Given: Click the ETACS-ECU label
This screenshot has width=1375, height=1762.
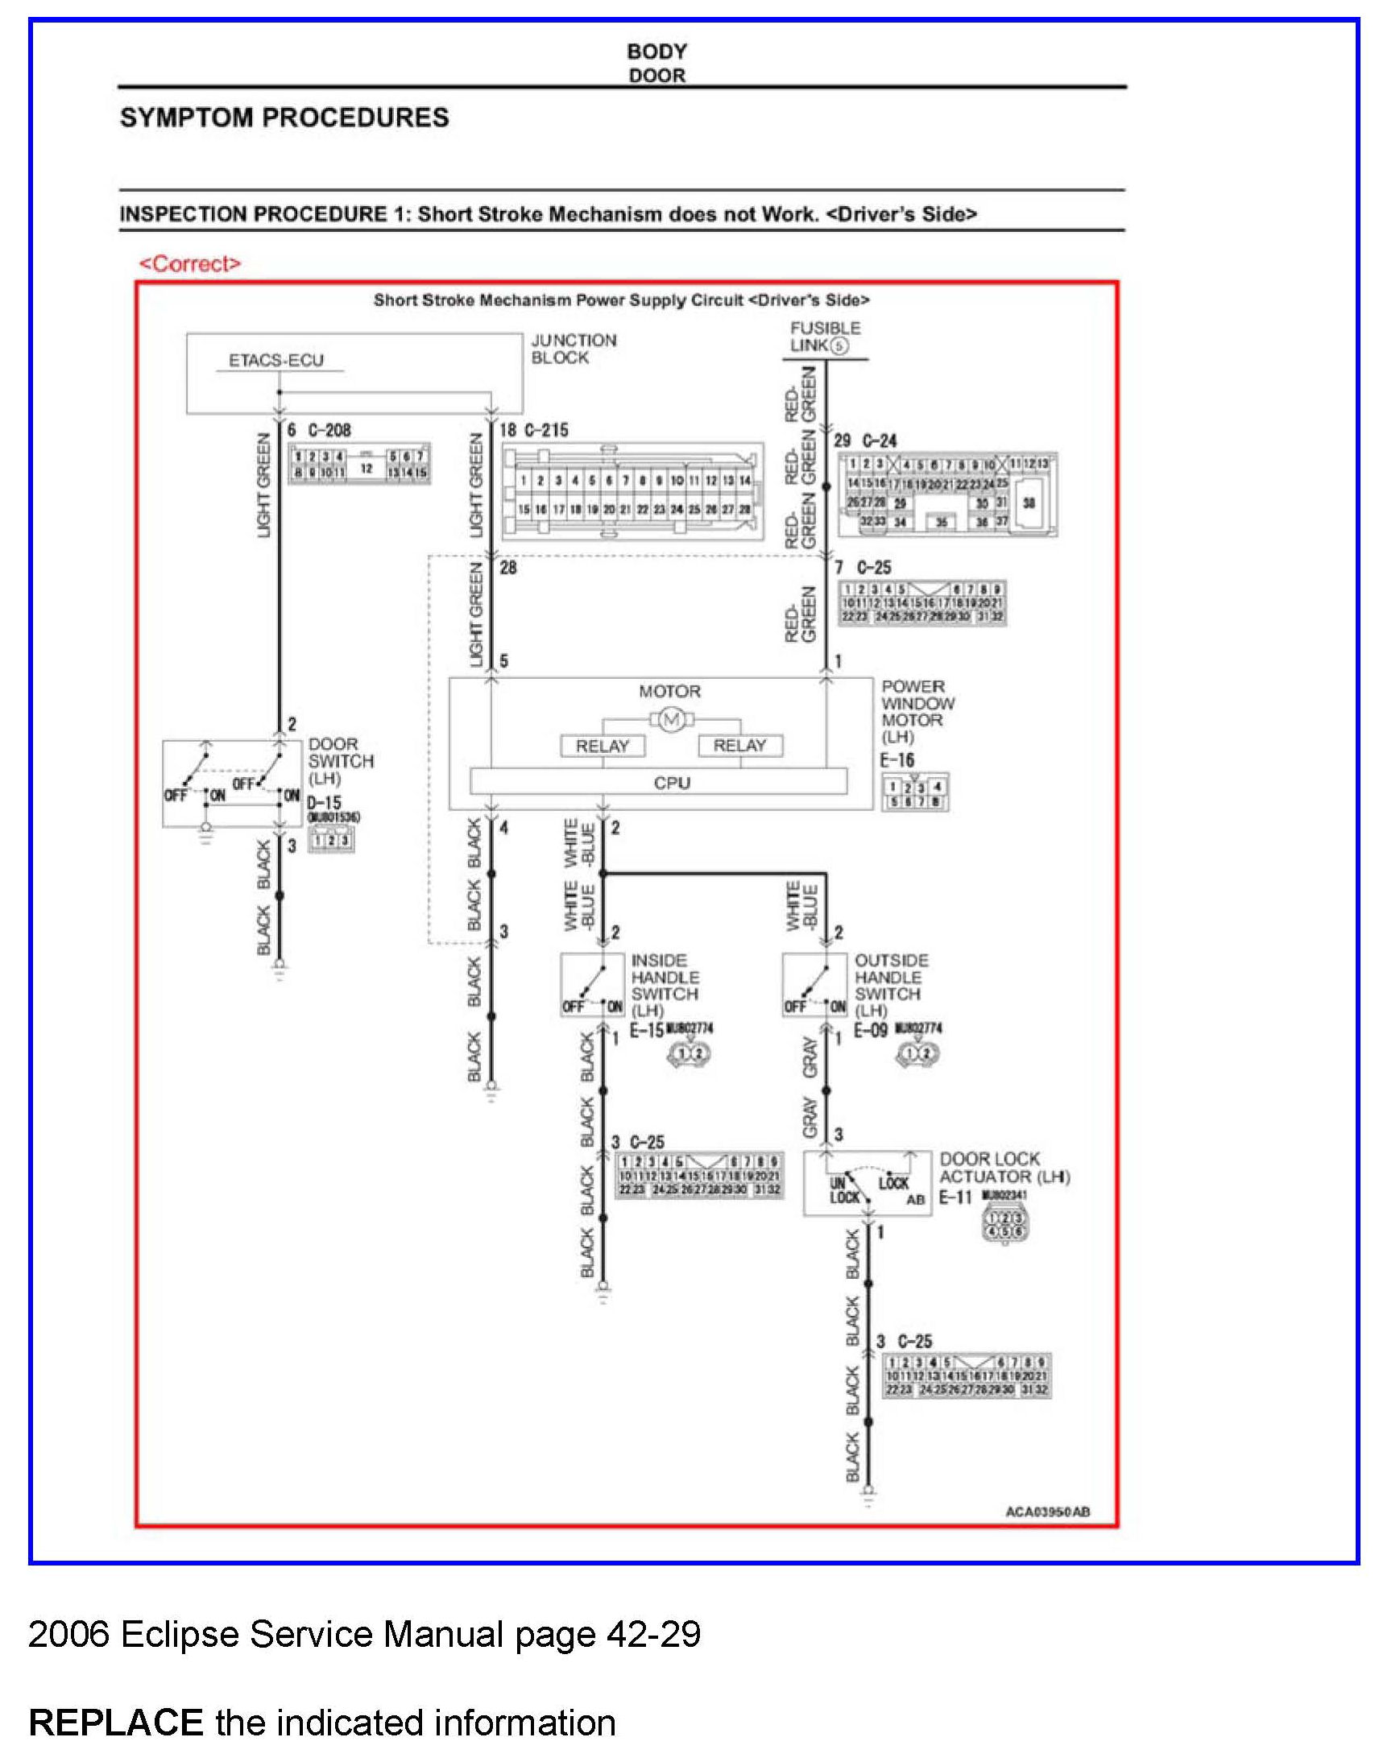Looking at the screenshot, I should pos(276,361).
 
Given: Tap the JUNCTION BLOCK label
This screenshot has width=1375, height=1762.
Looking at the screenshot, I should pos(573,349).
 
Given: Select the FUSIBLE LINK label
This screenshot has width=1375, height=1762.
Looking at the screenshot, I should pos(824,337).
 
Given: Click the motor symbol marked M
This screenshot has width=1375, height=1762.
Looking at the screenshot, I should pos(671,720).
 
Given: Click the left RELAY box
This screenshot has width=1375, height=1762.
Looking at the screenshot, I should pos(603,747).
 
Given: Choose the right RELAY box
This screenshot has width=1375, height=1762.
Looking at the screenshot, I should pos(740,746).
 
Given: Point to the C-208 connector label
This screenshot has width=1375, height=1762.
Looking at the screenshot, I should pos(329,430).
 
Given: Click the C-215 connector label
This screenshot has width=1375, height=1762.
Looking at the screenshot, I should pos(545,430).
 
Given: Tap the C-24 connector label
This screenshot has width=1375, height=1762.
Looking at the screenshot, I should pos(879,440).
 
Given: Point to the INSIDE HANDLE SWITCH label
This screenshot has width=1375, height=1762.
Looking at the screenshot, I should pos(664,985).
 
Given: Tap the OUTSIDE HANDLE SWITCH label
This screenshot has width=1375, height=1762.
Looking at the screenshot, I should pos(891,985).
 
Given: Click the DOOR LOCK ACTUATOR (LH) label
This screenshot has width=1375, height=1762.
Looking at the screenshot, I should pos(1004,1168).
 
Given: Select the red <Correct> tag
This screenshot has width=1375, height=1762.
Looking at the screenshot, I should pos(190,264).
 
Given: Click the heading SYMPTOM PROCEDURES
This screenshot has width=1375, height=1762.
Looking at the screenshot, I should pos(284,118).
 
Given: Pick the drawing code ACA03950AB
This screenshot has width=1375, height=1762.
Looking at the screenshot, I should pos(1047,1511).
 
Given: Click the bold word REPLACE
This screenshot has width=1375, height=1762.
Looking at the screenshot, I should pos(115,1723).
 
